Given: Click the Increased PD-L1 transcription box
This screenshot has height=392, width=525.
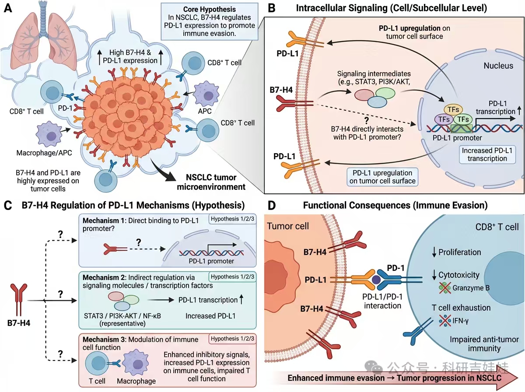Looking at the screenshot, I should tap(487, 154).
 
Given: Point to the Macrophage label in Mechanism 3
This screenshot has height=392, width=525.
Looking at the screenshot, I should tap(136, 381).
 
